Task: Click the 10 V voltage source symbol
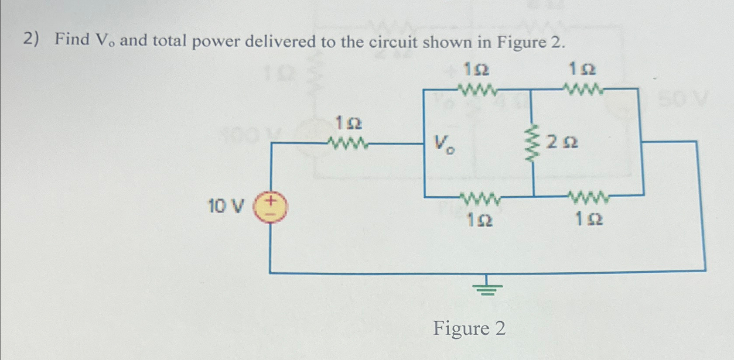click(x=270, y=207)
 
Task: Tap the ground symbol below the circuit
click(x=487, y=288)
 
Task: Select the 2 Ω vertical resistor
click(x=531, y=143)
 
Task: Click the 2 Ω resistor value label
click(x=562, y=142)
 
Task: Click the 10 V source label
click(x=225, y=206)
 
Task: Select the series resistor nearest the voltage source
click(x=348, y=143)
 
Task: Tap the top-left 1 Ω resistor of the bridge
click(x=478, y=90)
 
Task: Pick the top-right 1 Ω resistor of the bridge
click(x=584, y=90)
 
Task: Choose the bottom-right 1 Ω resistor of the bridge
click(x=589, y=198)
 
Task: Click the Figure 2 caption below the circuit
click(x=469, y=328)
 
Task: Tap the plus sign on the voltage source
click(x=271, y=201)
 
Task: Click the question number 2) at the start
click(x=31, y=39)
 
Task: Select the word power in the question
click(x=216, y=41)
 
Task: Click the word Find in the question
click(x=72, y=39)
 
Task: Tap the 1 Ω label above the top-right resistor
click(x=582, y=69)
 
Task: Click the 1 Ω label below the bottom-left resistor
click(x=479, y=220)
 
